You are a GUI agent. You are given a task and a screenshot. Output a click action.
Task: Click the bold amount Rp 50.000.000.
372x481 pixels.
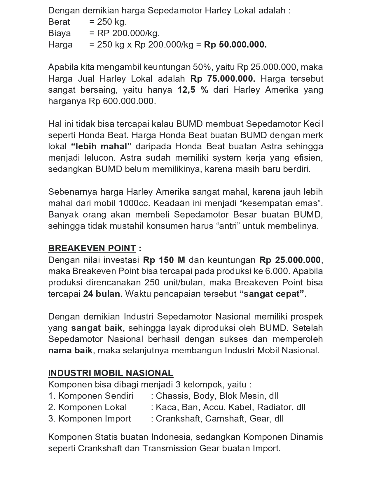(235, 45)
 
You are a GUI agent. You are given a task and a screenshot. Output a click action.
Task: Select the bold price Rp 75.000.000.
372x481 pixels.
(223, 79)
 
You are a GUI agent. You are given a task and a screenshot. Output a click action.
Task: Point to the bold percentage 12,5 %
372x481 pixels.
(193, 90)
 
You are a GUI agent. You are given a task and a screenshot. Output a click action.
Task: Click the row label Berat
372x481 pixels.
(59, 22)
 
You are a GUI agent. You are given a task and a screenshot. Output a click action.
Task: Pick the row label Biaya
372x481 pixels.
(60, 33)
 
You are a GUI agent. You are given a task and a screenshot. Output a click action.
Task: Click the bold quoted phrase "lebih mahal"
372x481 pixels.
(102, 146)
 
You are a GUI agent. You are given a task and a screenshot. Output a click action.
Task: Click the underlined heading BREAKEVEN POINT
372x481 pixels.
(92, 248)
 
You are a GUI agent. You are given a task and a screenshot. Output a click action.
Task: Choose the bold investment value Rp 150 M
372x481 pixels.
(164, 260)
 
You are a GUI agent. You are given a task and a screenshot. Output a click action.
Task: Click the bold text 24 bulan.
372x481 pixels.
(103, 294)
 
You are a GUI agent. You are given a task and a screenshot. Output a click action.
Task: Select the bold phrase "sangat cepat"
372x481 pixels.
(273, 294)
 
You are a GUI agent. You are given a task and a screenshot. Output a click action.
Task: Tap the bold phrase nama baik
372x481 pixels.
(70, 350)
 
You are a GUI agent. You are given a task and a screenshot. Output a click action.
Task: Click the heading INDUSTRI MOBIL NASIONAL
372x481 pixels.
(111, 373)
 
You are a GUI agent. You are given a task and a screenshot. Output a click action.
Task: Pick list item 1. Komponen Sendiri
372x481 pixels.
(91, 396)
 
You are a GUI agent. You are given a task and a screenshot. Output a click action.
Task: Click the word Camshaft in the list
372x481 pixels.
(226, 419)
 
